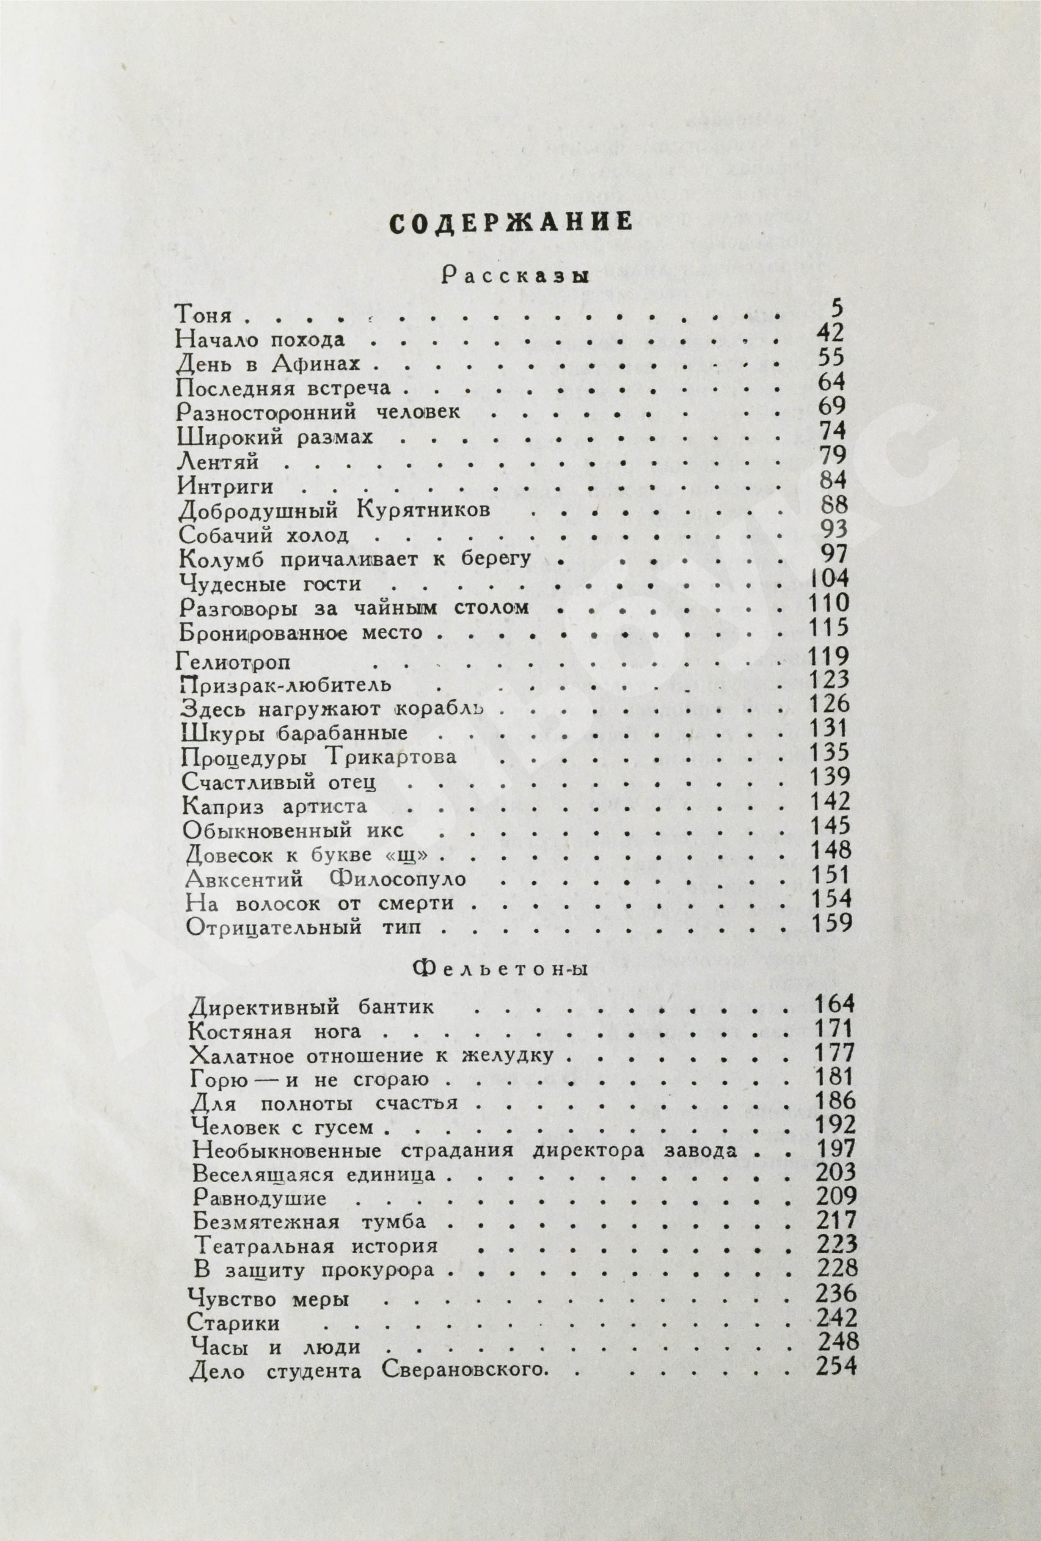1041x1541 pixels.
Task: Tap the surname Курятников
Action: click(422, 511)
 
